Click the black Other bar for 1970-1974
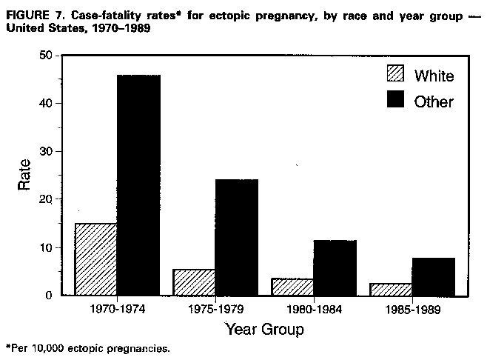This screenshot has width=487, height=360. point(138,185)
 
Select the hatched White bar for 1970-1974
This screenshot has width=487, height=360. point(96,259)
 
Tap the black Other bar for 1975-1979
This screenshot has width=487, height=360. point(237,237)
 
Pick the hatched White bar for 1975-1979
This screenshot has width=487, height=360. point(195,282)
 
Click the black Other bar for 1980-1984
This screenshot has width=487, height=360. point(335,267)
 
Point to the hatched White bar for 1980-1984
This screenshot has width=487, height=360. point(293,287)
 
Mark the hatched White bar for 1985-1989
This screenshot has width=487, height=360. point(392,289)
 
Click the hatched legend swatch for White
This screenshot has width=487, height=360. point(395,75)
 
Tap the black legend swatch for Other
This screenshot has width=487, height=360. point(395,101)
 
